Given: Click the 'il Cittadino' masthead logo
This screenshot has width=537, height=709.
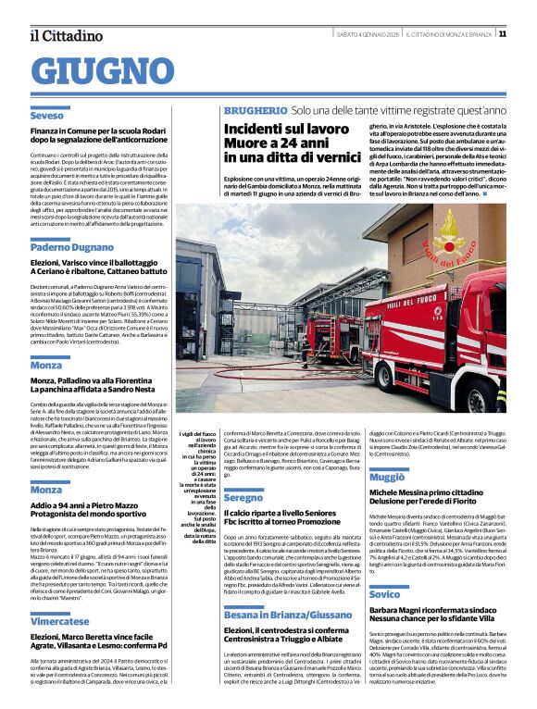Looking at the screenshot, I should [x=66, y=35].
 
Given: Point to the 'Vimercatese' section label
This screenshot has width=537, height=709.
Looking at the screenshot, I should [x=59, y=596].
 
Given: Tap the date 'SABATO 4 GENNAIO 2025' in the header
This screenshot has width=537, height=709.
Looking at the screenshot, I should [x=368, y=35].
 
